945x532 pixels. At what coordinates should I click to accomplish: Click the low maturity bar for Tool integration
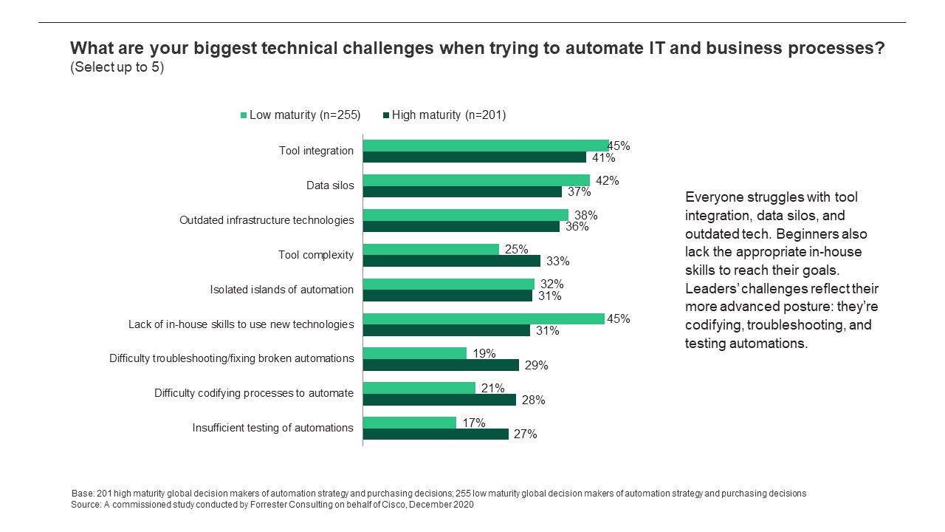coord(485,146)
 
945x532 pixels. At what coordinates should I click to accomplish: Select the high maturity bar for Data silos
coord(462,192)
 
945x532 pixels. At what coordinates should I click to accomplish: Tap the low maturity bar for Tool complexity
coord(430,250)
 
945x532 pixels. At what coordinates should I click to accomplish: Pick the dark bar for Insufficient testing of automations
coord(436,434)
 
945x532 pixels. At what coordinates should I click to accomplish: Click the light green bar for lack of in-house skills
coord(483,319)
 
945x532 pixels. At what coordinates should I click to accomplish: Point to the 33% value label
coord(557,261)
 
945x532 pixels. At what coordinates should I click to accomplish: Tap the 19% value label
coord(484,353)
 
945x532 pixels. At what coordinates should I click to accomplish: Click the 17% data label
coord(473,423)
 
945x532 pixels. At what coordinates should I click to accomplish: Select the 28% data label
coord(533,400)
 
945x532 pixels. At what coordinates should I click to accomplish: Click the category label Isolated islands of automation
coord(281,290)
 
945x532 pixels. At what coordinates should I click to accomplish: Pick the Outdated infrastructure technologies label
coord(267,220)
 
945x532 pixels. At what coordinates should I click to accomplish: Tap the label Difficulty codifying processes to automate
coord(253,393)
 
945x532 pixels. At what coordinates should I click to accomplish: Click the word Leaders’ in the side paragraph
coord(709,288)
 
